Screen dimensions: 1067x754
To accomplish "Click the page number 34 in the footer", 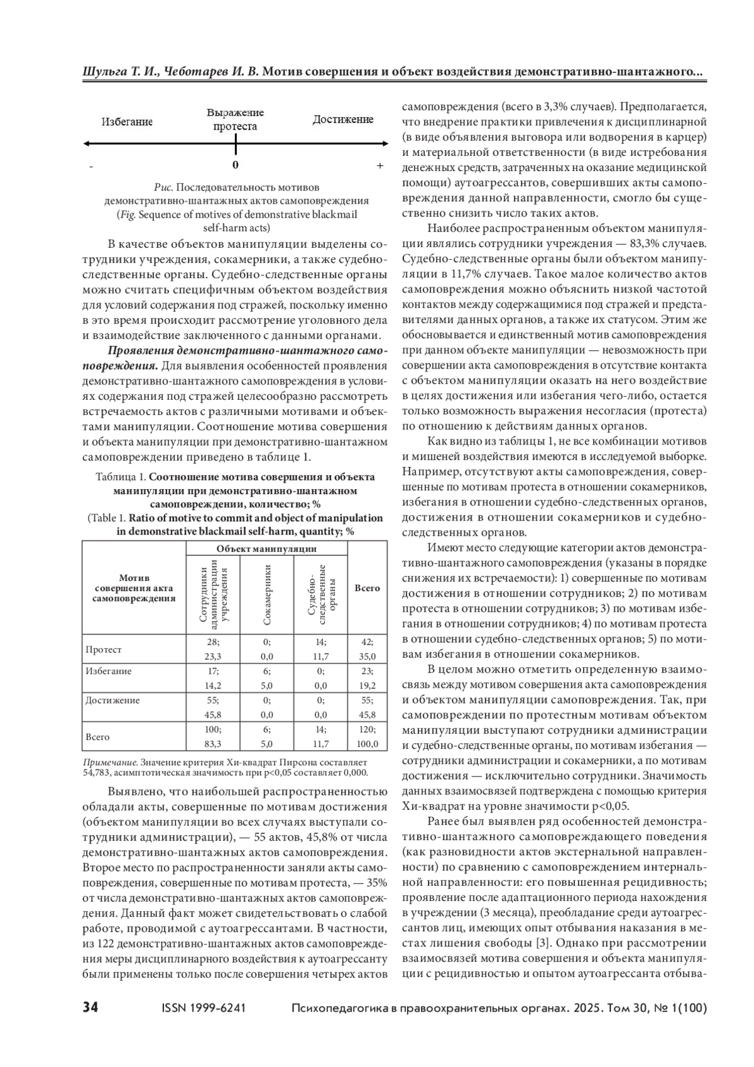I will click(x=90, y=1008).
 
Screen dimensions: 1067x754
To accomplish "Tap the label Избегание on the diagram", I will click(x=127, y=122).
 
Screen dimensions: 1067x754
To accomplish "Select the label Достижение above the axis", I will click(x=343, y=119).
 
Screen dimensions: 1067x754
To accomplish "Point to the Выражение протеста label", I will click(x=235, y=119).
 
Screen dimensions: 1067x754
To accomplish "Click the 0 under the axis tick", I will click(x=235, y=165).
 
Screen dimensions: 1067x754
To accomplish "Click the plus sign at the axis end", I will click(x=380, y=166).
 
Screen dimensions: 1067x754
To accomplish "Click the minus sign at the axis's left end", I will click(x=92, y=167).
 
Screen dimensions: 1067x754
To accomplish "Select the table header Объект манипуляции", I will click(x=266, y=548).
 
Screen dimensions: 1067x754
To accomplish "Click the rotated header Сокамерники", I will click(x=266, y=594).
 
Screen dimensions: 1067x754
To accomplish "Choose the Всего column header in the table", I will click(x=367, y=589).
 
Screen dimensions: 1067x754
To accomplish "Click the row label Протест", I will click(x=104, y=650).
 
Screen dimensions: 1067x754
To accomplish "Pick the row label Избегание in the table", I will click(x=109, y=671).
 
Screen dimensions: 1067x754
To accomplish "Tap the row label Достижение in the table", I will click(x=112, y=700).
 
